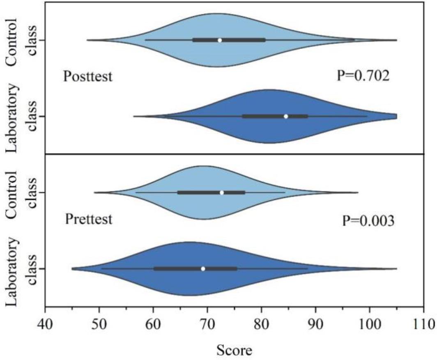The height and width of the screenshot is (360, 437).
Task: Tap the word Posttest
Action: (x=87, y=77)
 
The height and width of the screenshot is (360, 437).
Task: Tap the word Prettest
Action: (x=88, y=220)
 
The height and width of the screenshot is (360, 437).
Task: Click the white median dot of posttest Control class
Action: (x=220, y=40)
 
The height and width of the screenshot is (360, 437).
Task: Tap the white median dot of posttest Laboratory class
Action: (x=286, y=116)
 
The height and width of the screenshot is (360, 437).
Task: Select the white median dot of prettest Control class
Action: (x=222, y=193)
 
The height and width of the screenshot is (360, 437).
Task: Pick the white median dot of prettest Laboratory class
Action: (x=203, y=268)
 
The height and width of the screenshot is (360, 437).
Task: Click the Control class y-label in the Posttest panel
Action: (x=21, y=40)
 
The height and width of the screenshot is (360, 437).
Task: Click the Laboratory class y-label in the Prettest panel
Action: (x=21, y=268)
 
